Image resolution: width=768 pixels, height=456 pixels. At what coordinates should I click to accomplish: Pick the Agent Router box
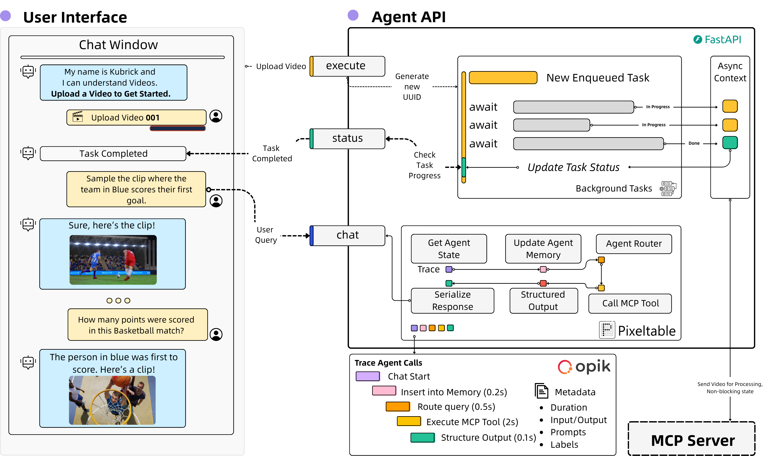pyautogui.click(x=634, y=244)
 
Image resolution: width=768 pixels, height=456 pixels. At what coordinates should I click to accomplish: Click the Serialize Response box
pyautogui.click(x=452, y=301)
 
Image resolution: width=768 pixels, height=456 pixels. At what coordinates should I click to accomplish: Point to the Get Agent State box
pyautogui.click(x=449, y=249)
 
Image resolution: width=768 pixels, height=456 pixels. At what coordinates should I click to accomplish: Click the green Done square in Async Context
pyautogui.click(x=730, y=143)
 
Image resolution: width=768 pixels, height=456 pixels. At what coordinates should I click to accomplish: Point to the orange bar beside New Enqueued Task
pyautogui.click(x=503, y=78)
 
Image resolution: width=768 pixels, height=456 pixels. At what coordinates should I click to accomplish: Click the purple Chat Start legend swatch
pyautogui.click(x=367, y=376)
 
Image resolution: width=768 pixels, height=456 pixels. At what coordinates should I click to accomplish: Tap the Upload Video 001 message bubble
pyautogui.click(x=136, y=118)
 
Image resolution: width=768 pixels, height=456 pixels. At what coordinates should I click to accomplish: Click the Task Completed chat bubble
pyautogui.click(x=113, y=154)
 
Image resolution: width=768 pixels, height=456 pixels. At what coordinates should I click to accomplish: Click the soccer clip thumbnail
pyautogui.click(x=113, y=260)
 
